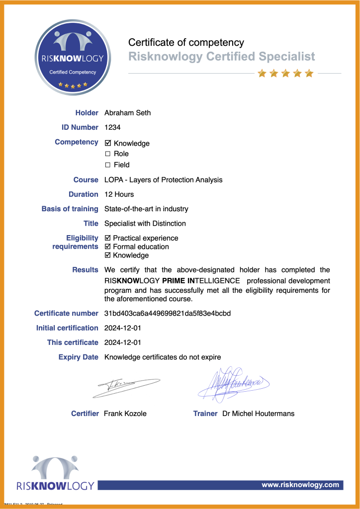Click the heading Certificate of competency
pyautogui.click(x=186, y=42)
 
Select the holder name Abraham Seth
pyautogui.click(x=127, y=113)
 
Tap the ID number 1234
pyautogui.click(x=112, y=127)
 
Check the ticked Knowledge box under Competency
pyautogui.click(x=108, y=143)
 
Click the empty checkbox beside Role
pyautogui.click(x=108, y=154)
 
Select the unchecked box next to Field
pyautogui.click(x=108, y=165)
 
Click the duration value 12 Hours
pyautogui.click(x=119, y=194)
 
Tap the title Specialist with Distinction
pyautogui.click(x=145, y=224)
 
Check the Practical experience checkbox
pyautogui.click(x=108, y=238)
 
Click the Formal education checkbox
pyautogui.click(x=108, y=247)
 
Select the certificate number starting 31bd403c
pyautogui.click(x=167, y=314)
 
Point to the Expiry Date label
pyautogui.click(x=78, y=357)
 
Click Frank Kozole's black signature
pyautogui.click(x=125, y=387)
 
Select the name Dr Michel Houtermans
pyautogui.click(x=258, y=414)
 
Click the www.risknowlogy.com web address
pyautogui.click(x=300, y=485)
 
